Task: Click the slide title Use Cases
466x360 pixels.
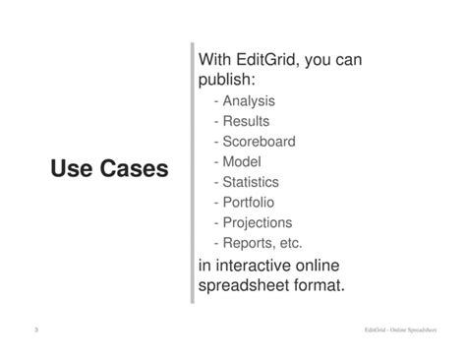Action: click(x=109, y=170)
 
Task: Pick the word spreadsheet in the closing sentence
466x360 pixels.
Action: click(x=246, y=286)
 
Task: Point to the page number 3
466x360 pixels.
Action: click(x=36, y=330)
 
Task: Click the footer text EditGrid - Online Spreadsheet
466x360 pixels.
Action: click(x=399, y=331)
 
